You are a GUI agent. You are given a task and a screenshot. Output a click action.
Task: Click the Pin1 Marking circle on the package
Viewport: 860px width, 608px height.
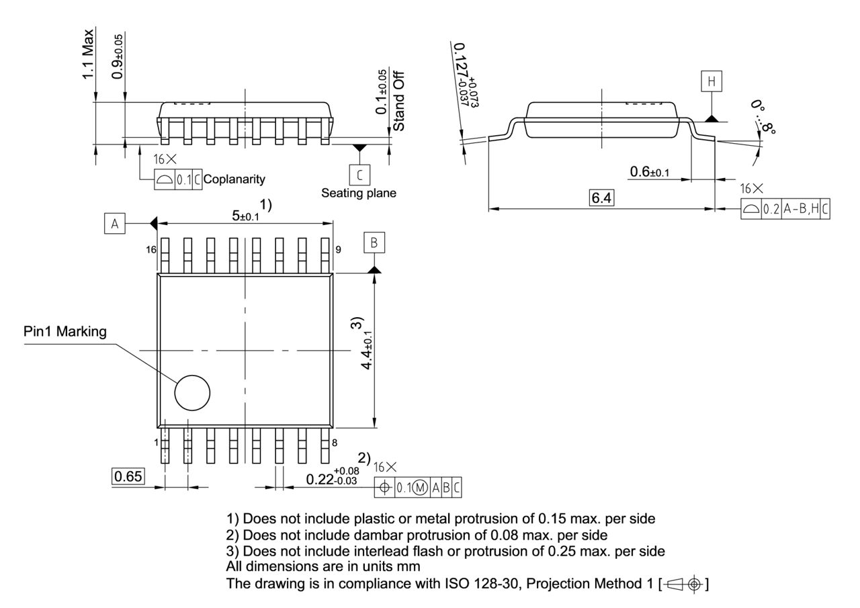[x=192, y=393]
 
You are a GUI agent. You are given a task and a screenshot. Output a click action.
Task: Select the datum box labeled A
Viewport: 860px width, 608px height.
[x=114, y=224]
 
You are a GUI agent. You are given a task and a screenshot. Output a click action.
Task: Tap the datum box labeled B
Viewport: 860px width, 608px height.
[x=374, y=243]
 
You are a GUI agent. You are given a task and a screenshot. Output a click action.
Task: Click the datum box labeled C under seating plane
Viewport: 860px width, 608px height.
[x=359, y=175]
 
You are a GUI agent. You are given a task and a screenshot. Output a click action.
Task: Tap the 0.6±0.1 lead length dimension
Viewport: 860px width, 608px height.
[x=649, y=173]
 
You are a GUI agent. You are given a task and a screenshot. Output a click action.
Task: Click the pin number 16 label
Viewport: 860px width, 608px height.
[x=150, y=249]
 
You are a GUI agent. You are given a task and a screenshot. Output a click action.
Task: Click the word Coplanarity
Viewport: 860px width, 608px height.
[x=234, y=179]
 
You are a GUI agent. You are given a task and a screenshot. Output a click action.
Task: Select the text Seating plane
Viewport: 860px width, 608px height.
[x=358, y=193]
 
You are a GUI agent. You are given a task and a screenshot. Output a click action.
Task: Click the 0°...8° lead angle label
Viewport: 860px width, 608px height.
[x=763, y=118]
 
